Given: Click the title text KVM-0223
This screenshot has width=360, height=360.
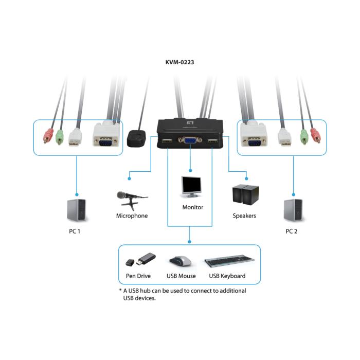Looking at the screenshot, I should click(179, 63).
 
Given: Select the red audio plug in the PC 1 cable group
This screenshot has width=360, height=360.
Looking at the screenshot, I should click(48, 136).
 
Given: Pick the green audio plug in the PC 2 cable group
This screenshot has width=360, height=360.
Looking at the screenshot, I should click(303, 136).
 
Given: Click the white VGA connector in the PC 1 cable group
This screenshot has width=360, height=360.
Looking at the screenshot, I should click(106, 136).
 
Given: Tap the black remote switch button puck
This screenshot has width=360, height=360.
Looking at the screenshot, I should click(137, 137).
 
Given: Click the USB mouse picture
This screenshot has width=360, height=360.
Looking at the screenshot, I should click(181, 261).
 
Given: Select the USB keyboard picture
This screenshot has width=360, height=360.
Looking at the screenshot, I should click(227, 262).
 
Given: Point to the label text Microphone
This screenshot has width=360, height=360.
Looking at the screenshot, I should click(132, 216).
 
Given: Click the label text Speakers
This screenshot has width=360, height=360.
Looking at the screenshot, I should click(244, 216).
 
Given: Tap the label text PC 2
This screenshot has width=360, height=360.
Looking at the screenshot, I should click(292, 231).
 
